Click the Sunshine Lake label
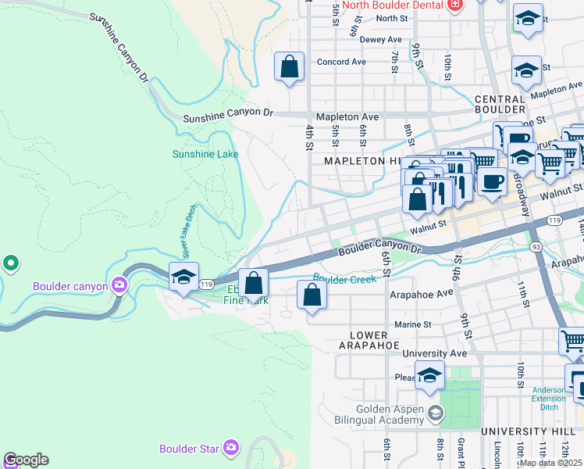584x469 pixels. (205, 154)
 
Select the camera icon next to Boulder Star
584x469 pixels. (231, 448)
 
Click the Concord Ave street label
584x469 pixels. (341, 62)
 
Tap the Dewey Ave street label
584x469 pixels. (381, 40)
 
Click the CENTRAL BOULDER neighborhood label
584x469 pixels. (500, 105)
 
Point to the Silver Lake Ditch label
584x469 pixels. (187, 242)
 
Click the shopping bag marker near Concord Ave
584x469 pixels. (289, 67)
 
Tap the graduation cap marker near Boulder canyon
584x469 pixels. (183, 277)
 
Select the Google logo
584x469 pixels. (27, 460)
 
